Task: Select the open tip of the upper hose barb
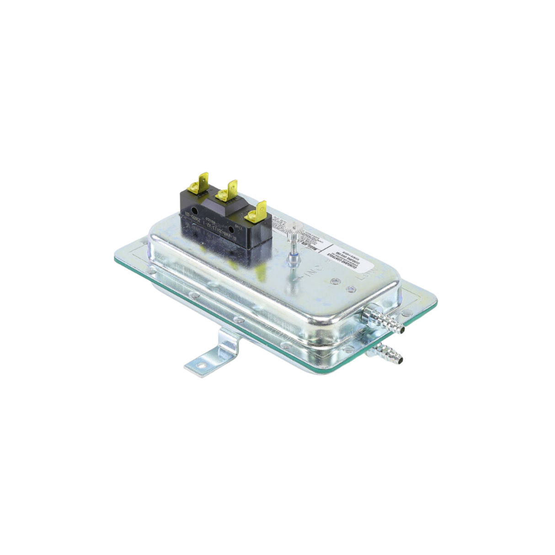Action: tap(402, 328)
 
